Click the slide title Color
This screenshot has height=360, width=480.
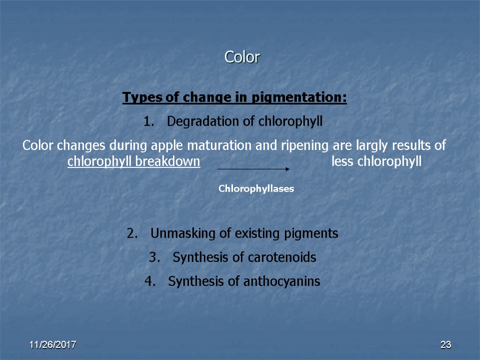click(242, 57)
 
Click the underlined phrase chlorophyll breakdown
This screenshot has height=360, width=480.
click(134, 162)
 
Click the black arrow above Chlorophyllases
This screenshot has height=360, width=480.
click(253, 169)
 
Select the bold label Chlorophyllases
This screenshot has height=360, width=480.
click(256, 189)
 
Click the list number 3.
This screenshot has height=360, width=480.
click(153, 258)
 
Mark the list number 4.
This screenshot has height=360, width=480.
click(149, 282)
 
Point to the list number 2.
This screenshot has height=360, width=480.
click(131, 233)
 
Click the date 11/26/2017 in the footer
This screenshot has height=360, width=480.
click(53, 345)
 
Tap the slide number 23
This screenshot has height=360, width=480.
click(445, 345)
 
